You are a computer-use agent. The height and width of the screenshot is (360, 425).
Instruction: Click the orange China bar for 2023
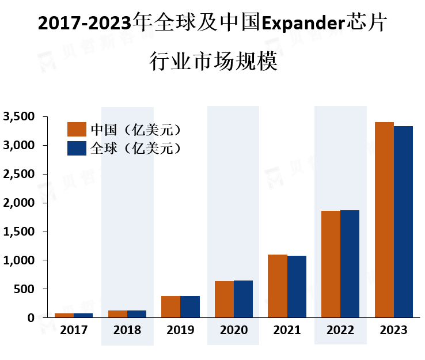(x=384, y=219)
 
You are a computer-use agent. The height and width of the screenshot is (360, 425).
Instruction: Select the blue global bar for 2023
(x=403, y=222)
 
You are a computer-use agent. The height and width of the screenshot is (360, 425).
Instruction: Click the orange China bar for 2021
(x=278, y=286)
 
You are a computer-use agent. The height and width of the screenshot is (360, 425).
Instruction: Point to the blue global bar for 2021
(x=297, y=286)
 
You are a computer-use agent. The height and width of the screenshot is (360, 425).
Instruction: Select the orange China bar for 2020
(x=224, y=299)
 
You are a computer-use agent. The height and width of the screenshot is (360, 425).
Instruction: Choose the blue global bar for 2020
(x=243, y=299)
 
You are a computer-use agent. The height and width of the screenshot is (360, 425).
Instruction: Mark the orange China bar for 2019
(x=170, y=306)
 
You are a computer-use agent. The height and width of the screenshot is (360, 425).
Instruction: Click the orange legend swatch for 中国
(x=77, y=128)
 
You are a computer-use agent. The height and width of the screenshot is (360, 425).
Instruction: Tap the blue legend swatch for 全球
(x=77, y=148)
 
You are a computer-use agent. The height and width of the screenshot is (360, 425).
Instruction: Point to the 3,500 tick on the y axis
(x=19, y=117)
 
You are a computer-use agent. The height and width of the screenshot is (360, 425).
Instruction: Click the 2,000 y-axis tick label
(x=19, y=203)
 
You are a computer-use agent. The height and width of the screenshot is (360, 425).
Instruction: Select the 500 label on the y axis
(x=26, y=289)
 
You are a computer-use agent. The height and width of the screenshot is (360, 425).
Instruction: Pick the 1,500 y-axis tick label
(x=19, y=232)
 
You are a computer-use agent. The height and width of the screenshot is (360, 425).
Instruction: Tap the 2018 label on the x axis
(x=127, y=331)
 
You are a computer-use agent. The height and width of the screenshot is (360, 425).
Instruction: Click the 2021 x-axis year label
(x=287, y=331)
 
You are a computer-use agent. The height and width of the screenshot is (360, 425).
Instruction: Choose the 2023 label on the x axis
(x=394, y=331)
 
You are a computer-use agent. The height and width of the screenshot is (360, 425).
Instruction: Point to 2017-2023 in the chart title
(x=84, y=25)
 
